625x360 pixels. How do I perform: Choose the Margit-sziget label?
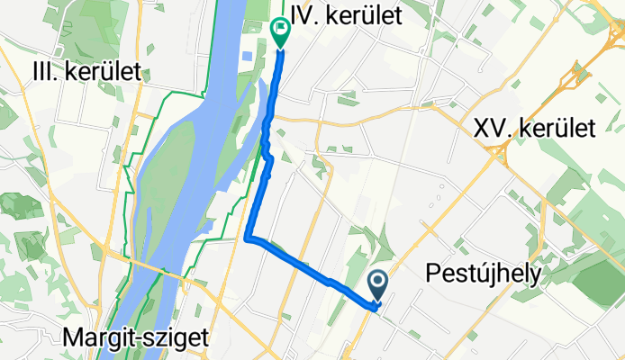[x=136, y=338]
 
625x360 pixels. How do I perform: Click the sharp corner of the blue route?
[x=248, y=238]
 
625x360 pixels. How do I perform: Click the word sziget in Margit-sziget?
[x=177, y=338]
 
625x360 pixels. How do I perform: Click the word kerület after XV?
[x=557, y=129]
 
